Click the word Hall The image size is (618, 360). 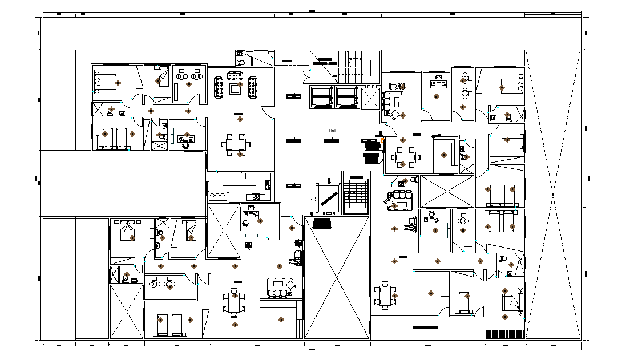click(x=332, y=131)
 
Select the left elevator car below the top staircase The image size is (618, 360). click(x=321, y=96)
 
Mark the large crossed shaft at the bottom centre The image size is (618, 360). click(x=337, y=277)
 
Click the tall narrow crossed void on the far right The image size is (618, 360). click(x=552, y=194)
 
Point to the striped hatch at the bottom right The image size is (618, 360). click(x=504, y=334)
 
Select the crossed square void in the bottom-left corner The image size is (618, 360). click(x=126, y=312)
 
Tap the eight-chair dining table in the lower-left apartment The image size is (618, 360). click(x=233, y=301)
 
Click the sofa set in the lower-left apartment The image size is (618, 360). click(x=281, y=288)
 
